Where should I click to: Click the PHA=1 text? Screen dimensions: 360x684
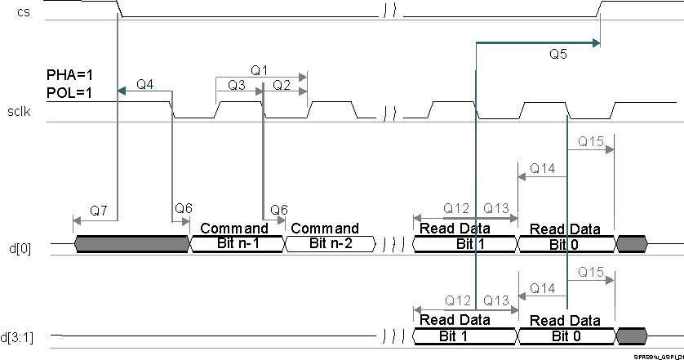(x=69, y=76)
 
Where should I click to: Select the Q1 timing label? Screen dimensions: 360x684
(x=260, y=71)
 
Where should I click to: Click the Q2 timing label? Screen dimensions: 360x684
(x=282, y=84)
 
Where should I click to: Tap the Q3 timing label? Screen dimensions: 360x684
(x=237, y=84)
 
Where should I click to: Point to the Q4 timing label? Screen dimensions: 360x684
(x=145, y=84)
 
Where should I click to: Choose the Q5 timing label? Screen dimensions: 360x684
(x=559, y=56)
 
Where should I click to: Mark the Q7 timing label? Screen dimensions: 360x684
(x=99, y=210)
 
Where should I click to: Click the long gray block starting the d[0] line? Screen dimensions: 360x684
(x=131, y=243)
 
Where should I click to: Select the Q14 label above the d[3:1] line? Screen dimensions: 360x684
(x=542, y=288)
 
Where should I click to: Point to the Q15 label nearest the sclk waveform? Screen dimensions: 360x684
(x=590, y=142)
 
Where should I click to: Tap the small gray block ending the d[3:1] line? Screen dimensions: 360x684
(x=632, y=336)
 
